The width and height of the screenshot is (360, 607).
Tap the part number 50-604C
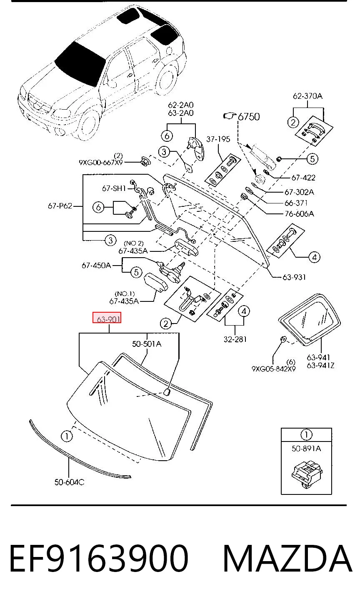coord(69,482)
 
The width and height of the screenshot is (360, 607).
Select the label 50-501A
coord(147,344)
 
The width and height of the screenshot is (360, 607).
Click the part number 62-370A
coord(308,96)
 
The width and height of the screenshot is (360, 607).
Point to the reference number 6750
coord(249,117)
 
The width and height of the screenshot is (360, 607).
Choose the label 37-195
coord(218,139)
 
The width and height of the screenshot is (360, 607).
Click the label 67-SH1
coord(114,188)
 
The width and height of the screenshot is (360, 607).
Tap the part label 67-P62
coord(60,206)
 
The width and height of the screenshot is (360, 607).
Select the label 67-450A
coord(96,265)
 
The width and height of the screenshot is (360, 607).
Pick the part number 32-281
coord(235,339)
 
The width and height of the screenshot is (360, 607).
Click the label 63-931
coord(294,277)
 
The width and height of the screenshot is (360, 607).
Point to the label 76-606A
coord(299,214)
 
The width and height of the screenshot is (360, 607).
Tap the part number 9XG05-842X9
coord(274,369)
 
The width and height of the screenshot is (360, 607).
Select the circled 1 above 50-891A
coord(306,435)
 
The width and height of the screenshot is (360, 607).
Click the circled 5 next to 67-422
coord(312,159)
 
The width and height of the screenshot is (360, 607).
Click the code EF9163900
coord(99,559)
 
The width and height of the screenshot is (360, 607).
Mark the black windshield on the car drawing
coord(80,64)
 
